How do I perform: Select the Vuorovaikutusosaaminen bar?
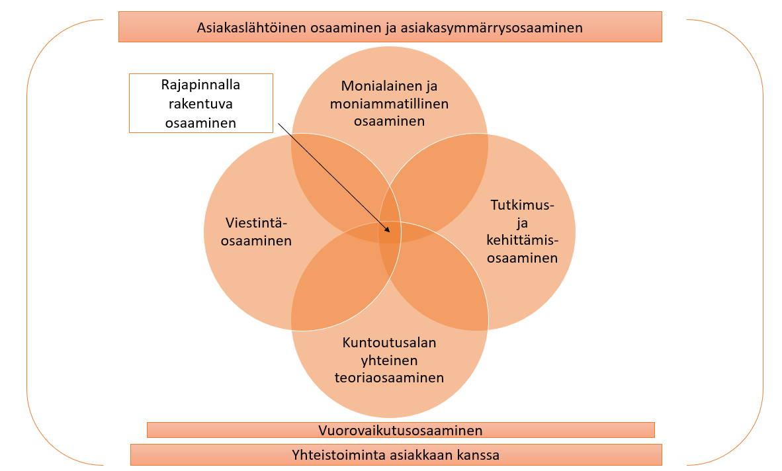[x=400, y=430]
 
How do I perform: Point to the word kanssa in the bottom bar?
[x=480, y=455]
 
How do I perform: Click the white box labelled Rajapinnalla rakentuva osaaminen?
[x=200, y=103]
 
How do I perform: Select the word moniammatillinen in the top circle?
[x=389, y=104]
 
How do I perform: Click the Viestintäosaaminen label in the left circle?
[x=256, y=231]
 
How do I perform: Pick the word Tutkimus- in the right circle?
[x=523, y=206]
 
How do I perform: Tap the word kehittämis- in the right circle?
[x=523, y=240]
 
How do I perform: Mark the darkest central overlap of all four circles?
[x=390, y=232]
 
